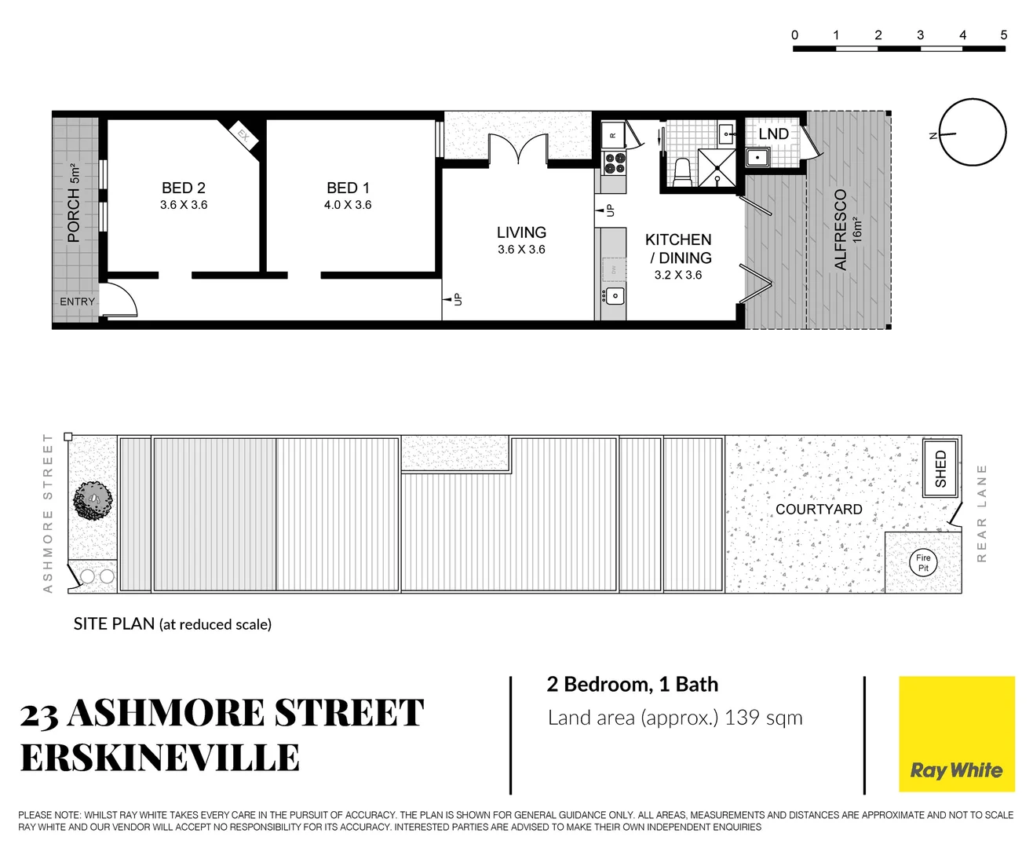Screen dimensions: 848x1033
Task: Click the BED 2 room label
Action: [183, 188]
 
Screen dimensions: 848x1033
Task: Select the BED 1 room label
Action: [348, 188]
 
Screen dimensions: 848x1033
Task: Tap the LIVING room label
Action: [521, 233]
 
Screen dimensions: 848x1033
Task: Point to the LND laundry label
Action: [773, 134]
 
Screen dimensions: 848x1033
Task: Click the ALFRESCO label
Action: [841, 229]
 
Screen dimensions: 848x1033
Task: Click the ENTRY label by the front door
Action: [77, 302]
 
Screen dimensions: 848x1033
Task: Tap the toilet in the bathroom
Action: [682, 172]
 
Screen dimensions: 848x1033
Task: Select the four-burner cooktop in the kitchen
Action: [614, 163]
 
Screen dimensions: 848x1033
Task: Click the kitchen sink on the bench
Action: [615, 296]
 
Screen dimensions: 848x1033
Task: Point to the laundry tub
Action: [757, 157]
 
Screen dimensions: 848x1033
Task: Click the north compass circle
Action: [973, 133]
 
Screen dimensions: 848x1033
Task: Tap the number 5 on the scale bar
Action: [1003, 35]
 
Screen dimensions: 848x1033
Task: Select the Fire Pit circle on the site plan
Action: [923, 562]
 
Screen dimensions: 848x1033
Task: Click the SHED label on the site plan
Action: [940, 469]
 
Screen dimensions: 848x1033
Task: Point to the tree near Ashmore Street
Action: [93, 500]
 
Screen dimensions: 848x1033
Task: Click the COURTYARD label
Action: [819, 510]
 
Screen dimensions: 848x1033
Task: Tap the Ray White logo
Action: [956, 733]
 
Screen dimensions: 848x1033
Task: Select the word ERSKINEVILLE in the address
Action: [159, 758]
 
